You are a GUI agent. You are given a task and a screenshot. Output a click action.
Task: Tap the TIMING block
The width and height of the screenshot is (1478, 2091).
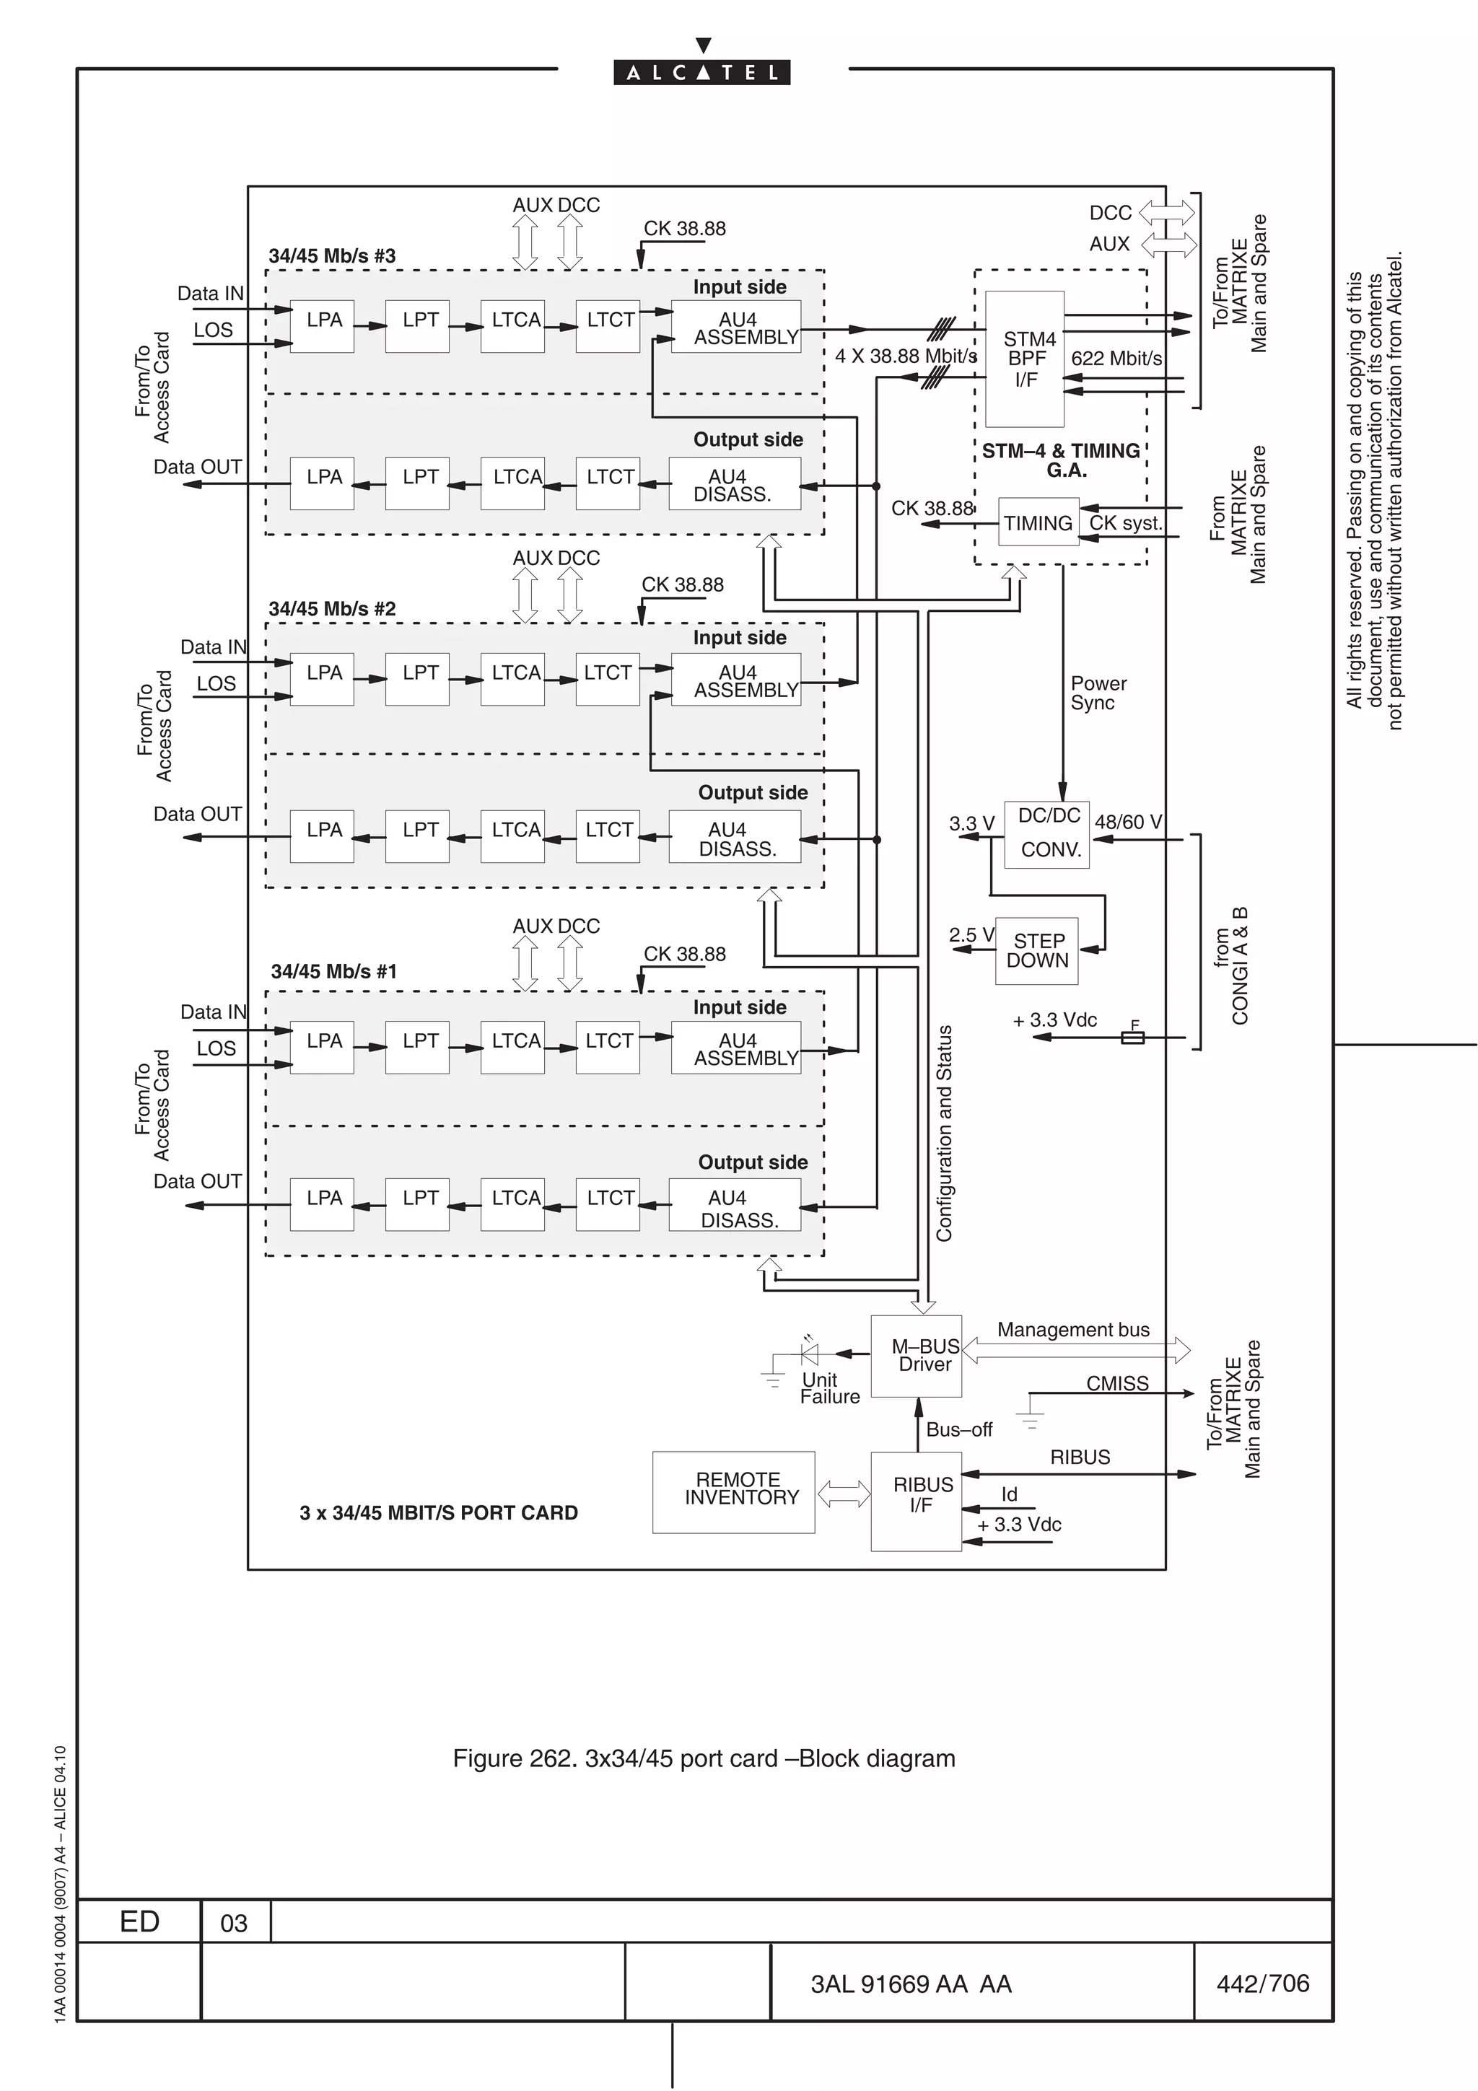coord(1038,522)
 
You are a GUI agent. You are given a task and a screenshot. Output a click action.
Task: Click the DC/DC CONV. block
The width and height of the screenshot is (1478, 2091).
coord(1046,834)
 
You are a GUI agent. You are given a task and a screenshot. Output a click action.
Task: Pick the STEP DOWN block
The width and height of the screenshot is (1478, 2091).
coord(1036,951)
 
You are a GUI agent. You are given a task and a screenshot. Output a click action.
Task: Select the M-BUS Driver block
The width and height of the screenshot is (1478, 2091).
coord(916,1356)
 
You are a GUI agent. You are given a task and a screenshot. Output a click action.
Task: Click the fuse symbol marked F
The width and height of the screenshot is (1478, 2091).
coord(1132,1038)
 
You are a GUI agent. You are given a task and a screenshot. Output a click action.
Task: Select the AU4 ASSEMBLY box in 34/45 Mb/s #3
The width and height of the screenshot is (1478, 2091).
coord(737,327)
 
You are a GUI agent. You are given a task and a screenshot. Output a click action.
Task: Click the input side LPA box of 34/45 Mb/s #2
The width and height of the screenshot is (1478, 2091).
coord(323,678)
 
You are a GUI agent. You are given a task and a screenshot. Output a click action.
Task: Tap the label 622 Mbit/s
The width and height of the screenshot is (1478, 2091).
coord(1116,359)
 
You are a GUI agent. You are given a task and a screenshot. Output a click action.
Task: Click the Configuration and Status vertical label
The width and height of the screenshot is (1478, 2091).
coord(945,1134)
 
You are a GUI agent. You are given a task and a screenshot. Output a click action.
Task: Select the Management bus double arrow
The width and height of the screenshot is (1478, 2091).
coord(1075,1351)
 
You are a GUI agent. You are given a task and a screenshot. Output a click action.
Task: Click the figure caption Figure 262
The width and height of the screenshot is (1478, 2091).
coord(703,1758)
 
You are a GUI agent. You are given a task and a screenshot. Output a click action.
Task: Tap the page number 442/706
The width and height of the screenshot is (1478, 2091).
coord(1262,1983)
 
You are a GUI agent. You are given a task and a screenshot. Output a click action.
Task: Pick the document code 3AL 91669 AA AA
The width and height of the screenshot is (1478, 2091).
coord(911,1984)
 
